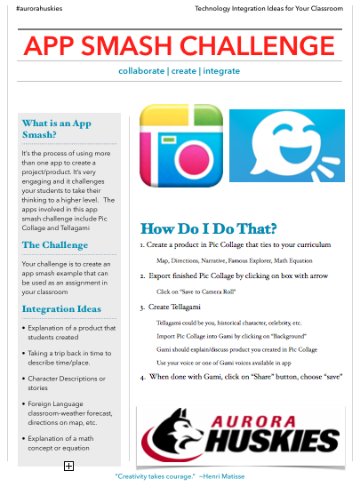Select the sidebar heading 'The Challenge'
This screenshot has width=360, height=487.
[x=55, y=245]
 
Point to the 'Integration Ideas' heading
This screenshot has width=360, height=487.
[x=61, y=309]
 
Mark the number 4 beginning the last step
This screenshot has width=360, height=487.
[x=142, y=377]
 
